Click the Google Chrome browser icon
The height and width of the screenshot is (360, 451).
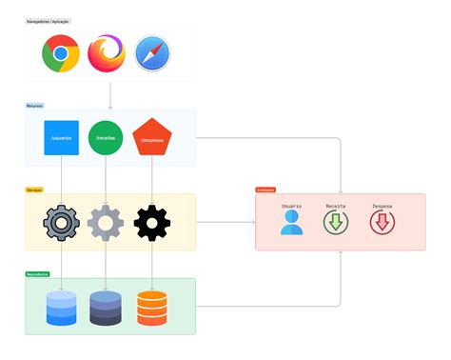click(x=61, y=53)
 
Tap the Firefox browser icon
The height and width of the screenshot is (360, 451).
click(x=107, y=53)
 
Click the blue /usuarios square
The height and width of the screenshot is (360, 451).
click(x=61, y=137)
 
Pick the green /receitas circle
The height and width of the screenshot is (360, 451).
click(x=107, y=137)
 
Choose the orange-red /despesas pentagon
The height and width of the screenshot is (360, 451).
click(x=152, y=137)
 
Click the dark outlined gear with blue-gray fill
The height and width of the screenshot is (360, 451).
click(x=61, y=222)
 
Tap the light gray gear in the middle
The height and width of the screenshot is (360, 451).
click(x=106, y=222)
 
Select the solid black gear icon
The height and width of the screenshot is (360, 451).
click(x=152, y=222)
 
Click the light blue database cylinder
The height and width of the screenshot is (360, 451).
click(x=61, y=308)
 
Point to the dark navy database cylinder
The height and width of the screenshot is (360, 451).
click(x=106, y=308)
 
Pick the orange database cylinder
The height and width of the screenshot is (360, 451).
click(x=151, y=308)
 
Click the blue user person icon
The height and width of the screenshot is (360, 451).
click(x=291, y=222)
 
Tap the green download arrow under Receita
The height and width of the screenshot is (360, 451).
click(x=336, y=223)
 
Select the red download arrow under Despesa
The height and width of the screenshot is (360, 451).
click(x=382, y=223)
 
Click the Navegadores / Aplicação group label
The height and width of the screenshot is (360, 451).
click(x=48, y=21)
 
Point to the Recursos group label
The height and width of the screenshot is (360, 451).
click(x=34, y=106)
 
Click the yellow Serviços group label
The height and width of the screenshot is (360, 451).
click(x=34, y=190)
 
